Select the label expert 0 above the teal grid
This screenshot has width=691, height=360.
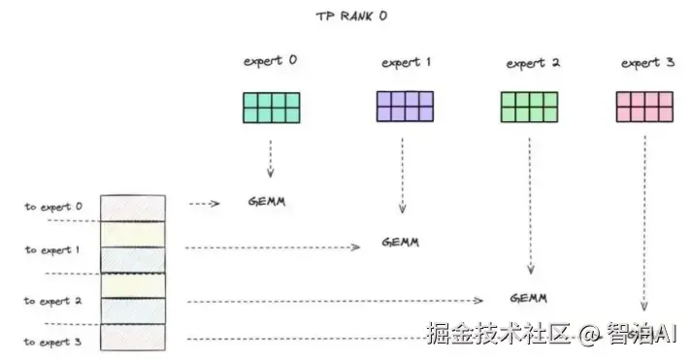pyautogui.click(x=271, y=61)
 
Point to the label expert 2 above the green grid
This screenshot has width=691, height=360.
pyautogui.click(x=533, y=63)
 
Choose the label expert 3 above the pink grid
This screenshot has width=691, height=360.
pyautogui.click(x=647, y=63)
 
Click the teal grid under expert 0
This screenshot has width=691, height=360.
pyautogui.click(x=271, y=107)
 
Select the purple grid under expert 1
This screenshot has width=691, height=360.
pyautogui.click(x=404, y=106)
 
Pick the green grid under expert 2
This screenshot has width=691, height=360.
pyautogui.click(x=529, y=107)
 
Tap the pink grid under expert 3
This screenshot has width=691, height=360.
pyautogui.click(x=644, y=106)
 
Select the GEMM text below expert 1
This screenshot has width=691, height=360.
pyautogui.click(x=400, y=242)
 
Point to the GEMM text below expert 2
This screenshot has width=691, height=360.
pyautogui.click(x=528, y=297)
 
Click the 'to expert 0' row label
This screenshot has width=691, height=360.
pyautogui.click(x=53, y=207)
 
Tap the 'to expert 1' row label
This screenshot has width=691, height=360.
pyautogui.click(x=53, y=249)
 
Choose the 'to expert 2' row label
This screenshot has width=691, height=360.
pyautogui.click(x=53, y=301)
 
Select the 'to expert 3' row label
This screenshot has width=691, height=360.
pyautogui.click(x=53, y=342)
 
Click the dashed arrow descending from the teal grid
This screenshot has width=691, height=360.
pyautogui.click(x=270, y=157)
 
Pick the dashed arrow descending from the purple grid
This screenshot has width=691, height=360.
pyautogui.click(x=402, y=175)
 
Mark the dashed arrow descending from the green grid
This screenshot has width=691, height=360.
pyautogui.click(x=530, y=204)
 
